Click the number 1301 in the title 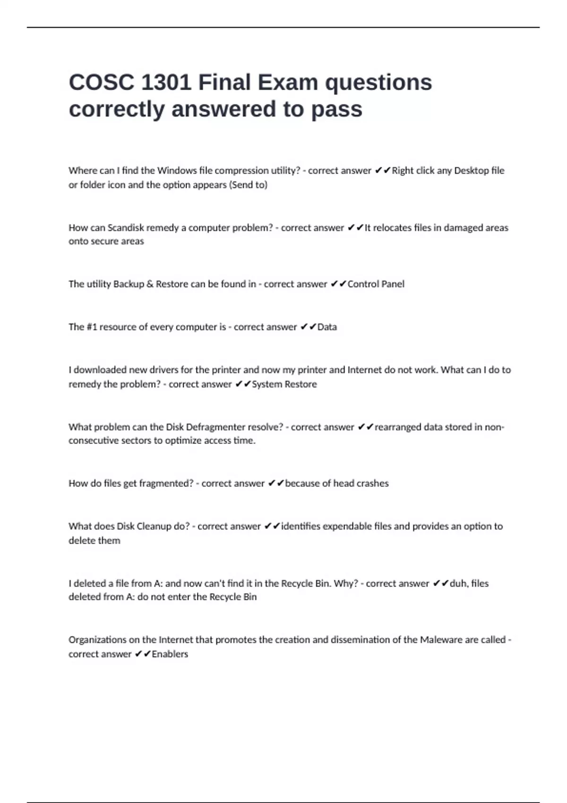coord(165,83)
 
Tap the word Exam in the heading coord(287,83)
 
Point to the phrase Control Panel coord(376,284)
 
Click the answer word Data coord(327,327)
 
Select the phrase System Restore coord(284,384)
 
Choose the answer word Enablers coord(170,654)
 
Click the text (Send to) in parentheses coord(248,185)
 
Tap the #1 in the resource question coord(92,327)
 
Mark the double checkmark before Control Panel coord(338,284)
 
